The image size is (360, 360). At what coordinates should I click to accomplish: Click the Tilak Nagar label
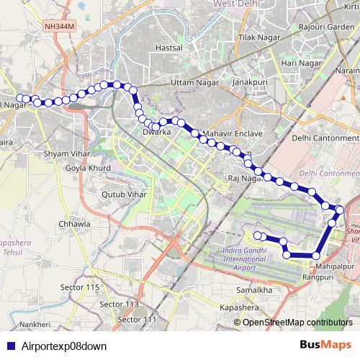point(258,37)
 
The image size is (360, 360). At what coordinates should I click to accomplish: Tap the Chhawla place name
point(76,224)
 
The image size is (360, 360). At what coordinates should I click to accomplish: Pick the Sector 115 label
point(80,287)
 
